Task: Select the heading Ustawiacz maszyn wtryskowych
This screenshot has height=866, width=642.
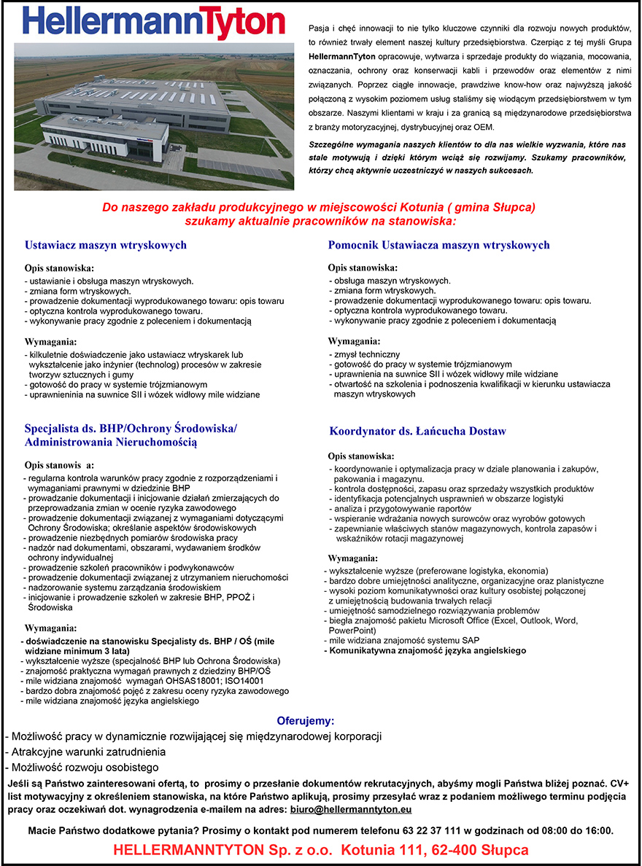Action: click(106, 246)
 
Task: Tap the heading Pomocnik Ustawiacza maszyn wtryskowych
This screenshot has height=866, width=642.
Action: click(438, 245)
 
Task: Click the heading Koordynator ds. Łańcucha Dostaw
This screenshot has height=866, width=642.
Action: click(417, 432)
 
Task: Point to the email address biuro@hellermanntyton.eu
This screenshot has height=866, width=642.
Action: click(351, 809)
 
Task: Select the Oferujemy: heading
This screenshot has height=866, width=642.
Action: click(305, 721)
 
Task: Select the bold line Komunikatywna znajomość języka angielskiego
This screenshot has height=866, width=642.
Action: click(425, 650)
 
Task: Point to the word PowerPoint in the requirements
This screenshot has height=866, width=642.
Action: click(352, 631)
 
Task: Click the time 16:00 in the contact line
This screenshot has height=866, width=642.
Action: click(599, 830)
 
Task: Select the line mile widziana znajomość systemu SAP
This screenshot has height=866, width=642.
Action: click(402, 640)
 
